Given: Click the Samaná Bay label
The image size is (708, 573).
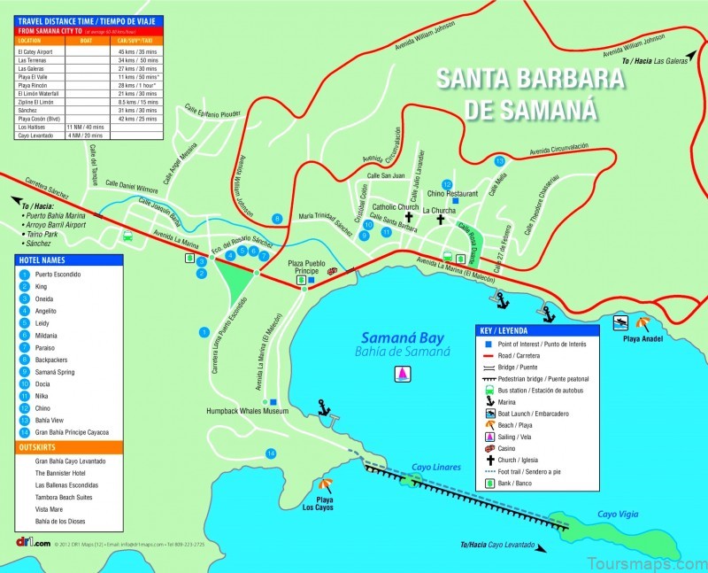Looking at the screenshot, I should click(x=405, y=337).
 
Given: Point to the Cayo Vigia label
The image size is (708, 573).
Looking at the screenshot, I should click(x=619, y=514).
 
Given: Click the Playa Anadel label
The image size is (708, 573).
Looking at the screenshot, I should click(x=643, y=338).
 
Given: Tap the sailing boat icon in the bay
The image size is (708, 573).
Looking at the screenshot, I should click(x=404, y=374).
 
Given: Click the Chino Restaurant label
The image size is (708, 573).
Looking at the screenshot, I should click(x=452, y=193).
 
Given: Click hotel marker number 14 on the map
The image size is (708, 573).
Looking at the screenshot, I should click(x=271, y=453).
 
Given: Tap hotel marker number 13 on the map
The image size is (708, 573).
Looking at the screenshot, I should click(x=500, y=161).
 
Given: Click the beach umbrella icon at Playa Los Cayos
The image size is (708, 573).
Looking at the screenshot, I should click(x=326, y=485).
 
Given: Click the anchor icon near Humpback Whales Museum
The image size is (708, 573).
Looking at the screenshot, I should click(x=323, y=407).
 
